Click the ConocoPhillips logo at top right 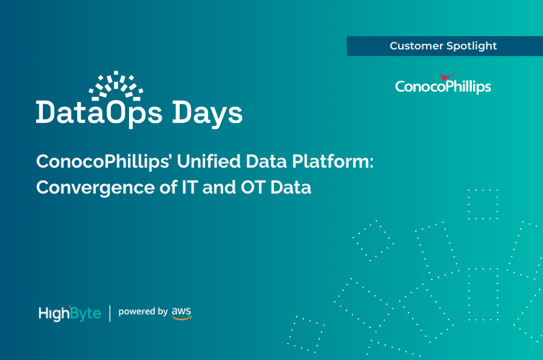click(443, 86)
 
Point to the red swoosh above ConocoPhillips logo click(447, 77)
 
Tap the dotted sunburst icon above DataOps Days click(115, 86)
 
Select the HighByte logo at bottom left click(69, 313)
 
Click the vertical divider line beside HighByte click(110, 313)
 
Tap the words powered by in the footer click(143, 312)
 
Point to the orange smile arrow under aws click(181, 317)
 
